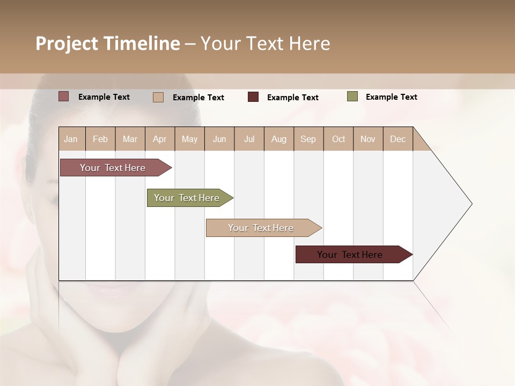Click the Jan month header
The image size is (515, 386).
click(x=71, y=139)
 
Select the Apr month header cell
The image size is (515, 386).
click(x=159, y=139)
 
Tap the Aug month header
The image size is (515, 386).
click(x=278, y=139)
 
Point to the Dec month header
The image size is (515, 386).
click(x=398, y=139)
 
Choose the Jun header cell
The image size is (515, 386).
click(x=219, y=139)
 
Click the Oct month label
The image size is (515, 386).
click(x=339, y=139)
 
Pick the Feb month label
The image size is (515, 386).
click(x=100, y=139)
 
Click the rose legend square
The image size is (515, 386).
click(x=64, y=96)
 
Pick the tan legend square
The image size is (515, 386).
click(x=158, y=97)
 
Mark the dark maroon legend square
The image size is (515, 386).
click(x=253, y=97)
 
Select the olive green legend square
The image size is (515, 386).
click(x=352, y=96)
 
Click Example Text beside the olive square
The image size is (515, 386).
click(x=391, y=97)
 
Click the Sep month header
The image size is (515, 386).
click(x=308, y=139)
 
